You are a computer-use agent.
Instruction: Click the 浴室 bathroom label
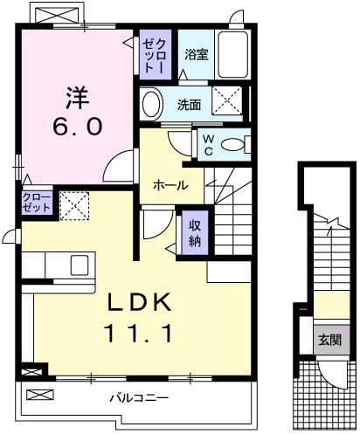pos(197,54)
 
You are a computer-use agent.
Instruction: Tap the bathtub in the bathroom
pos(233,54)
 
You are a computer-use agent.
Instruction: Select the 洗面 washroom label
pos(190,105)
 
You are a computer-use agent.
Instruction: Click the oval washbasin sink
pos(151,104)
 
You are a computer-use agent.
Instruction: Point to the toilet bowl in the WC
pos(232,145)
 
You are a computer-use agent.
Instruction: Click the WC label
pos(208,145)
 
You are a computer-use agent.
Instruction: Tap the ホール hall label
pos(171,185)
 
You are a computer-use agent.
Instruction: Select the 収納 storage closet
pos(195,232)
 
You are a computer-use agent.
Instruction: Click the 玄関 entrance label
pos(330,340)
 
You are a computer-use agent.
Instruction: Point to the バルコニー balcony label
pos(139,397)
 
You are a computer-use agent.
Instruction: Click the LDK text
pos(139,302)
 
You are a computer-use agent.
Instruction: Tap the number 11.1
pos(138,333)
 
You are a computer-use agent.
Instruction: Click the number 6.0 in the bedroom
pos(78,127)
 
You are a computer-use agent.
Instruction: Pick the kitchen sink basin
pos(80,265)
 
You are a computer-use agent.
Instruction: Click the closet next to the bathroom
pos(155,55)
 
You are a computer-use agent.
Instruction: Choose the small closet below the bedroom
pos(37,203)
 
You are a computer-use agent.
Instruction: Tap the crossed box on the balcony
pos(40,395)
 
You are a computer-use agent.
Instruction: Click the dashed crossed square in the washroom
pos(227,100)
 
